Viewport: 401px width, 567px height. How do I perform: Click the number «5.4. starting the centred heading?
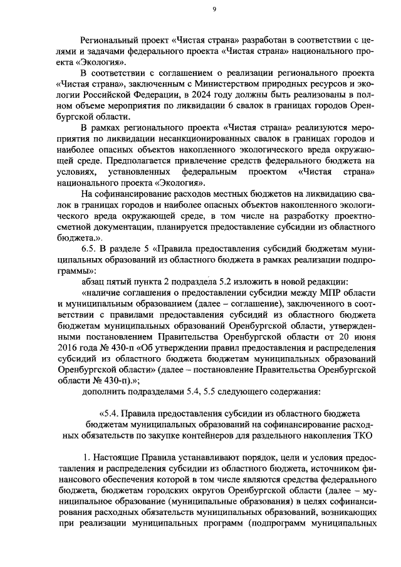click(x=110, y=413)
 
